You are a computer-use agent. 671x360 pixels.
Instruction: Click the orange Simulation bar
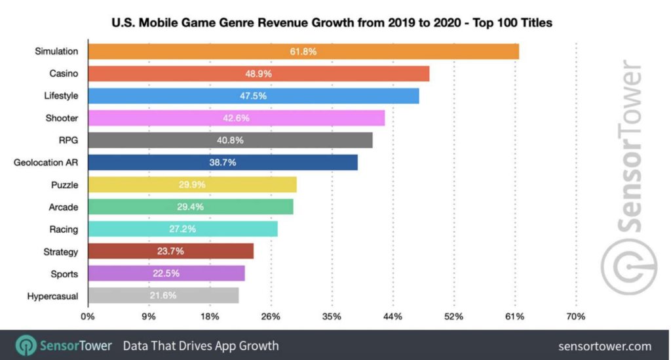tap(303, 51)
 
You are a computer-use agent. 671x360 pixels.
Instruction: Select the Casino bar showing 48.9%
tap(258, 73)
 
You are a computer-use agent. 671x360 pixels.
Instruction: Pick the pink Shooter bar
tap(236, 118)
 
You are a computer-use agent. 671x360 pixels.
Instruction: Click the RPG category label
tap(68, 140)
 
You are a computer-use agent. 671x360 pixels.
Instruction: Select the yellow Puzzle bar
tap(191, 185)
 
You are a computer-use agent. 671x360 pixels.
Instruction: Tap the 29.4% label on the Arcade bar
tap(190, 207)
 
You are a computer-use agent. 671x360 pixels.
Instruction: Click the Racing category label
tap(64, 230)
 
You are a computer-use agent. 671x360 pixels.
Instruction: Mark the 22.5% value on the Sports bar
tap(166, 274)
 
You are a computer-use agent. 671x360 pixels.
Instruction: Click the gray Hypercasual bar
tap(163, 296)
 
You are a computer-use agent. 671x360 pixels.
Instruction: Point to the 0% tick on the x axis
tap(88, 317)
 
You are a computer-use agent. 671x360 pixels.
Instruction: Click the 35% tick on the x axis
tap(332, 317)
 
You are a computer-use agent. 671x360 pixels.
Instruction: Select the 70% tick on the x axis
tap(576, 317)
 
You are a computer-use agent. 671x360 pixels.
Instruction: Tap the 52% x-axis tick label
tap(453, 317)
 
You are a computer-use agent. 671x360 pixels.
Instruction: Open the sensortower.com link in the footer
tap(605, 346)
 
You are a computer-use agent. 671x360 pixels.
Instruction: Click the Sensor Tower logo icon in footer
tap(26, 346)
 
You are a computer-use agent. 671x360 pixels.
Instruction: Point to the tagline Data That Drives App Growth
tap(201, 346)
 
